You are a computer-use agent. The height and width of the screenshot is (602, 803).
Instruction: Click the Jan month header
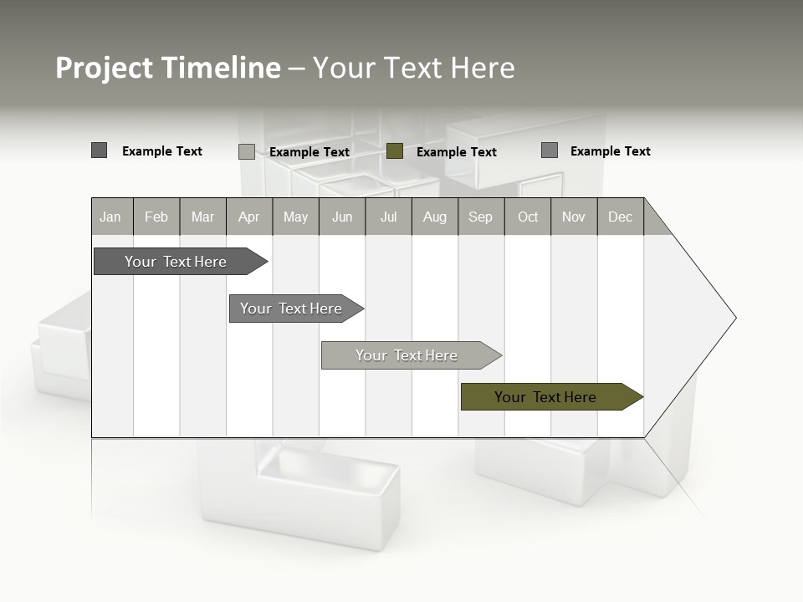point(110,217)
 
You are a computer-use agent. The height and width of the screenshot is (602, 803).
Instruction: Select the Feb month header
point(156,217)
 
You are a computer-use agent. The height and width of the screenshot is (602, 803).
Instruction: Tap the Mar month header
point(202,217)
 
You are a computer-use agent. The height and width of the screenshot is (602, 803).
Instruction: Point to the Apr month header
point(249,217)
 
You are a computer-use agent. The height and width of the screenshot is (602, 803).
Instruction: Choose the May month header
point(295,217)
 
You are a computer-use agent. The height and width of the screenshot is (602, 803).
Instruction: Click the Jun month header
point(342,217)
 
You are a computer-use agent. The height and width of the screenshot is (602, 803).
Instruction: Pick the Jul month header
point(388,217)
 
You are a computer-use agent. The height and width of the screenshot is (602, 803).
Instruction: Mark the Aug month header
point(435,217)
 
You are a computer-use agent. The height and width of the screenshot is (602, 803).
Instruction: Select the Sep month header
point(481,217)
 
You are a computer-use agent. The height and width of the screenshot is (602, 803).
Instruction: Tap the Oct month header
point(528,217)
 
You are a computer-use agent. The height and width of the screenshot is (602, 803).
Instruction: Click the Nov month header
point(574,217)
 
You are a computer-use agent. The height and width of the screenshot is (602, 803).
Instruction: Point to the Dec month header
point(620,217)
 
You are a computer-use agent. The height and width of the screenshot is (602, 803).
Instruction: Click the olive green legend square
point(396,151)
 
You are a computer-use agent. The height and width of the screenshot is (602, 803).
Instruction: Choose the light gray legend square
point(247,151)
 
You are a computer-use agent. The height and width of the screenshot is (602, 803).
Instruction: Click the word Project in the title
point(105,68)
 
